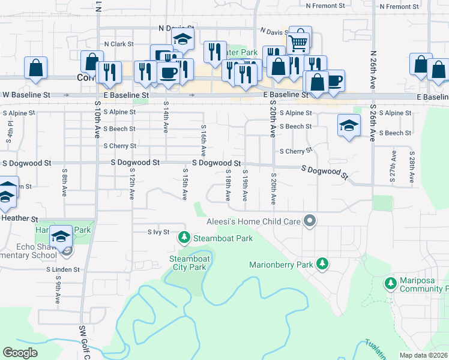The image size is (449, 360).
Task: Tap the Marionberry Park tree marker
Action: tap(322, 264)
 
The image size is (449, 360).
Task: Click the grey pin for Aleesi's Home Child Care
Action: tap(310, 221)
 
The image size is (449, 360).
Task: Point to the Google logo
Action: tap(20, 353)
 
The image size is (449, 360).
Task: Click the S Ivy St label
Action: tap(159, 232)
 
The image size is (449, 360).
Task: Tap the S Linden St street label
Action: tap(63, 269)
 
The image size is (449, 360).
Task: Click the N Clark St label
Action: tap(118, 44)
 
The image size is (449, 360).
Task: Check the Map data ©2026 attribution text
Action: tap(423, 355)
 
